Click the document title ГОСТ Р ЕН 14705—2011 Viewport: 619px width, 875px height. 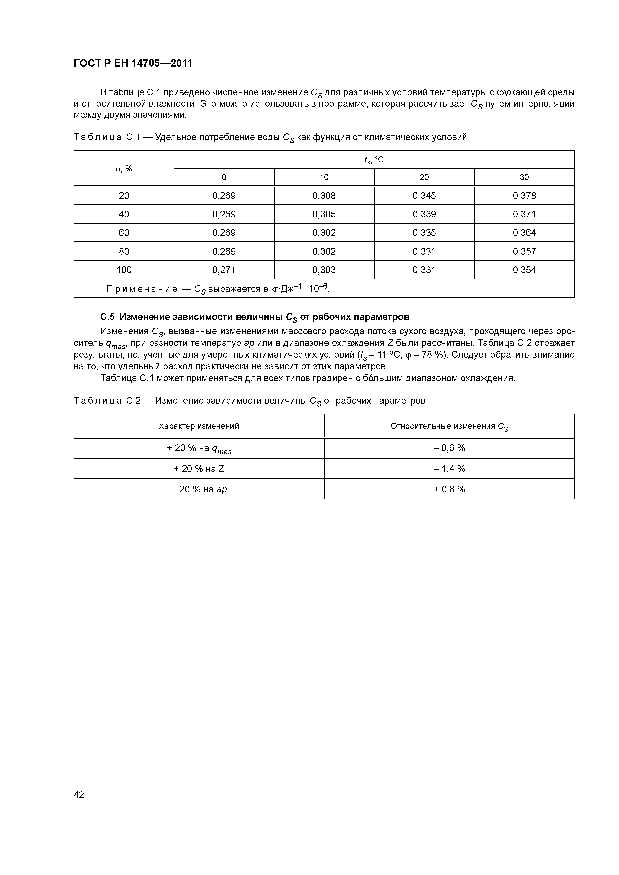133,63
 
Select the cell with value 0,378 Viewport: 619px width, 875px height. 524,196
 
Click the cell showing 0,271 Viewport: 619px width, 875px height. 224,270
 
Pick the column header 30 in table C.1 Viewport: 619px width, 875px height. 524,177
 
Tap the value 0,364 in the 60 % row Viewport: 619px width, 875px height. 524,232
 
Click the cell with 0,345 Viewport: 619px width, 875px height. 424,196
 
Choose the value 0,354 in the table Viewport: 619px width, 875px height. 524,270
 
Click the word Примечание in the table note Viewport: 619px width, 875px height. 142,289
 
